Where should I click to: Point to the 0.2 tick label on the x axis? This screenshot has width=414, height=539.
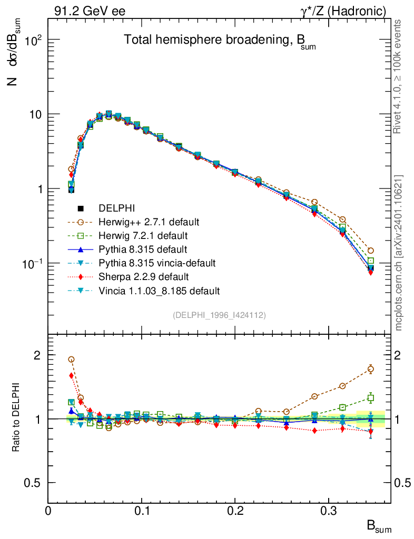click(x=235, y=511)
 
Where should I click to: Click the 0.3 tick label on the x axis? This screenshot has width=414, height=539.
click(x=329, y=511)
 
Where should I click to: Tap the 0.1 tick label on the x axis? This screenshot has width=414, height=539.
click(x=142, y=511)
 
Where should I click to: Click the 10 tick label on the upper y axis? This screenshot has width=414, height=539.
click(x=35, y=115)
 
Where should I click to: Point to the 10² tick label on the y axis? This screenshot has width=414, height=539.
click(x=33, y=40)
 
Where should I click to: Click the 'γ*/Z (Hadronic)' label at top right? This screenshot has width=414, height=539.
click(x=348, y=11)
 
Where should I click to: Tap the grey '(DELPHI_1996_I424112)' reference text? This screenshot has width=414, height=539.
click(x=219, y=315)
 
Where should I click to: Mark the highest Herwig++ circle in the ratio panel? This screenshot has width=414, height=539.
click(x=71, y=360)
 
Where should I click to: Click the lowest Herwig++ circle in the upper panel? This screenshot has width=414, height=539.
click(x=371, y=251)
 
